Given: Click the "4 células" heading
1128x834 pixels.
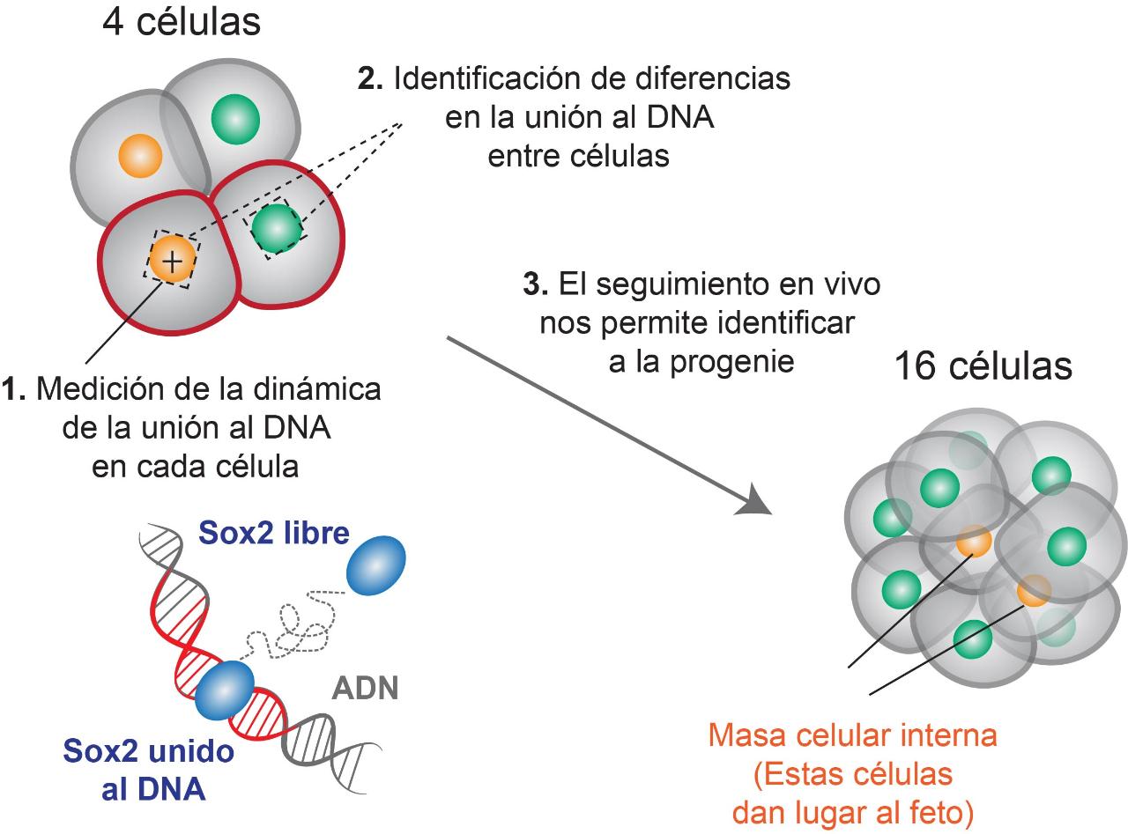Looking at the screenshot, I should (182, 23).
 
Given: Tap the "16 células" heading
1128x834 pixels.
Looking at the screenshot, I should (983, 367).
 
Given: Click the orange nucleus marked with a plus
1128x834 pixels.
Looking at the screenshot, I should (171, 260).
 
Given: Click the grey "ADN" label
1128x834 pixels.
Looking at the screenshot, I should (365, 688).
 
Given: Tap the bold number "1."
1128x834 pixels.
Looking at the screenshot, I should (12, 389).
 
